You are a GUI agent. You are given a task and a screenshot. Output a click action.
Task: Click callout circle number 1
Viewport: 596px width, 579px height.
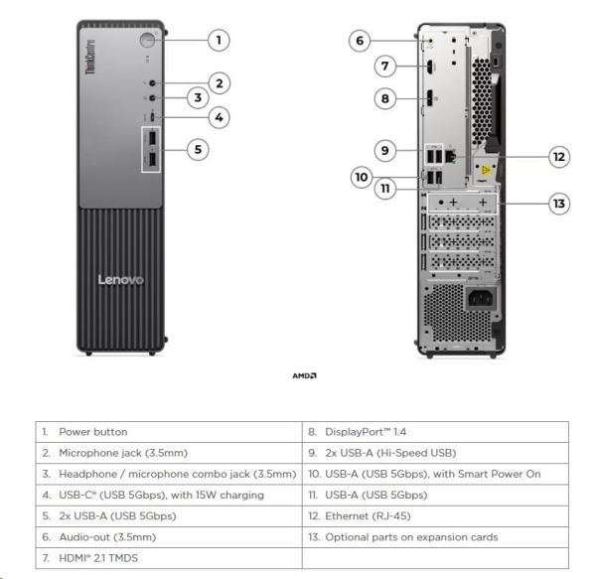pos(219,40)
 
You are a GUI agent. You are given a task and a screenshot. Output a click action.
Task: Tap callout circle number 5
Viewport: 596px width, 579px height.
pos(199,149)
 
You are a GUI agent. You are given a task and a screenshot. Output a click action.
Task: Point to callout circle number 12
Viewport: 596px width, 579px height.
pos(559,156)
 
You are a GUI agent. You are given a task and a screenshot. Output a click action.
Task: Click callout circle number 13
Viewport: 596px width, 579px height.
pos(559,204)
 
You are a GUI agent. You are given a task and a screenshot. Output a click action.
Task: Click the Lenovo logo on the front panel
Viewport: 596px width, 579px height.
pos(120,280)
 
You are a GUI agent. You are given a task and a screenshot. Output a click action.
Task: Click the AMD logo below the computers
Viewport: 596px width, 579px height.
pos(304,375)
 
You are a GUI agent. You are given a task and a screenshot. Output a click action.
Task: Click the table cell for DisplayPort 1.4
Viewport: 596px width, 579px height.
pos(434,433)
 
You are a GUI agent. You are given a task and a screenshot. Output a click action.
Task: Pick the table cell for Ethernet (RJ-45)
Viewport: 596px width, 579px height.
pos(434,515)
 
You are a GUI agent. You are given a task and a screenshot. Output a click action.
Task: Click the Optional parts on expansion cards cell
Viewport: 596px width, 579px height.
pos(434,537)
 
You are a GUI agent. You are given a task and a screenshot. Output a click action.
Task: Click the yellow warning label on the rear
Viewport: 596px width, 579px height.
pos(487,170)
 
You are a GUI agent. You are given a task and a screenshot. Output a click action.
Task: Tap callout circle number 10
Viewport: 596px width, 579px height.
pos(361,177)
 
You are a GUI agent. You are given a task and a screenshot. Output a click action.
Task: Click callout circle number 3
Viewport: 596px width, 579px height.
pos(198,97)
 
